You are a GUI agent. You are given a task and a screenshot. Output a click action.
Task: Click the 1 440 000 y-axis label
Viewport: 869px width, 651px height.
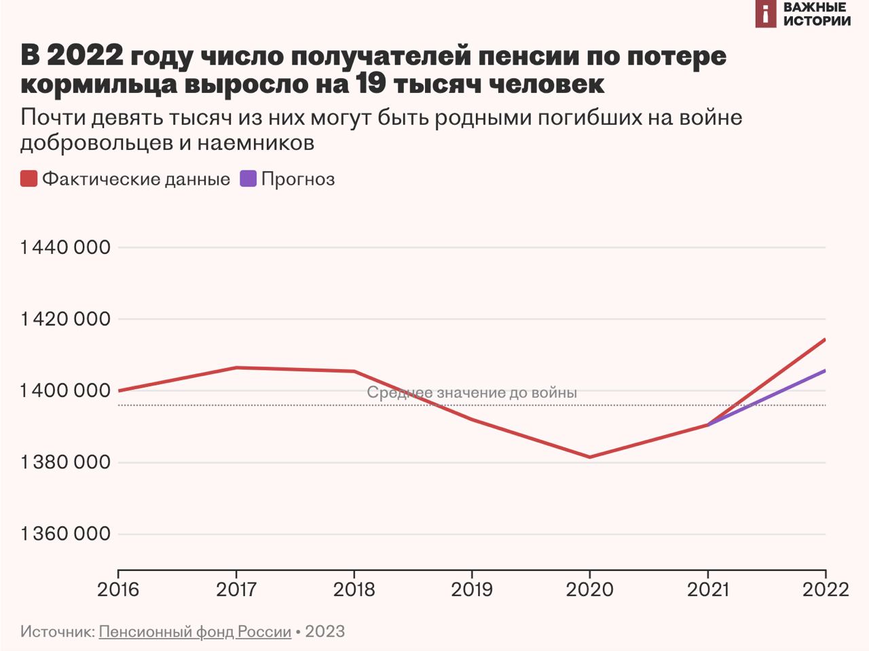(65, 247)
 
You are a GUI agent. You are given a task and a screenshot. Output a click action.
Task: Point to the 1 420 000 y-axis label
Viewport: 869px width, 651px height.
(65, 319)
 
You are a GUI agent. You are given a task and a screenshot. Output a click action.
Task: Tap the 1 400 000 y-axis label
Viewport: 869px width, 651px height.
(65, 390)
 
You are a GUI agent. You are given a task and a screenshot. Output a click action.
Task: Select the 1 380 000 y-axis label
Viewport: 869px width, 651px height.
(65, 462)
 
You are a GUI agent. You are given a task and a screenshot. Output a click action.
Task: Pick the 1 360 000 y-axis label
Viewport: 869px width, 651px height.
(65, 534)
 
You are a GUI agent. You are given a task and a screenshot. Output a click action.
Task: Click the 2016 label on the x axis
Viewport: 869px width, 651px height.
(118, 589)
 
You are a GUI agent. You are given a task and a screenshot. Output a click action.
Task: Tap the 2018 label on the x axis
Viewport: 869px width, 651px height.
(354, 589)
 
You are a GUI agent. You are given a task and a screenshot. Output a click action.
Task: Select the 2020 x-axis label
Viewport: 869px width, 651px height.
(589, 589)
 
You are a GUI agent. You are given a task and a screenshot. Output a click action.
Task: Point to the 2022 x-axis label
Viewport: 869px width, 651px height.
(825, 589)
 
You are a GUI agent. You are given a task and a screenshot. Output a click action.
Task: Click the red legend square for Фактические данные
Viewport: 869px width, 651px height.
(29, 179)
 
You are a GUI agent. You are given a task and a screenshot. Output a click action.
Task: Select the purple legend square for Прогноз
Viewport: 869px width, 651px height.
(248, 179)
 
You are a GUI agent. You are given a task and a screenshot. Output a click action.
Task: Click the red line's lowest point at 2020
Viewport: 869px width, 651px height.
(589, 457)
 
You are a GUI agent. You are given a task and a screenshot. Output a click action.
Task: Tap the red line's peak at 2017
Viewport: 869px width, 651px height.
(236, 368)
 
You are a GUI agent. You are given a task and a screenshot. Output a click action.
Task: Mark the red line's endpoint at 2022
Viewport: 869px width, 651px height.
(824, 339)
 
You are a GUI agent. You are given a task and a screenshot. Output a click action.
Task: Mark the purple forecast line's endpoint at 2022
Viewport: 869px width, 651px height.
(824, 371)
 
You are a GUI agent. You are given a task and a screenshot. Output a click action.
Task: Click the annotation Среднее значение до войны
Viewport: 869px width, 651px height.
(472, 392)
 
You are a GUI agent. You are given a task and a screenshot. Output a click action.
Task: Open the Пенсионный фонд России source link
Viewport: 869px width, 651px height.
(195, 631)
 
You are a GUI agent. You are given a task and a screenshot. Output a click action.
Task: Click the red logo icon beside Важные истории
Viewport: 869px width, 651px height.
(765, 14)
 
